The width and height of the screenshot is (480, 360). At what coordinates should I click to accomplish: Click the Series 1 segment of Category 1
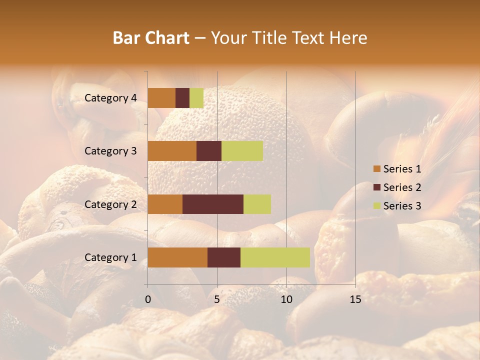(x=177, y=257)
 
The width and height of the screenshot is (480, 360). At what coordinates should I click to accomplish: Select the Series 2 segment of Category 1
(x=224, y=257)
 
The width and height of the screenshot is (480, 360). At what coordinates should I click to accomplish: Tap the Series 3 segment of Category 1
(x=275, y=257)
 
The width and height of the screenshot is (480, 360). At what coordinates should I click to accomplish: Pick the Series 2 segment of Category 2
(x=213, y=204)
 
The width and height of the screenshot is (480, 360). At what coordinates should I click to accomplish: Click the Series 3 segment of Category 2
(x=257, y=204)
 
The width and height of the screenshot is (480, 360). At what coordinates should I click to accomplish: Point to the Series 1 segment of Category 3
(x=172, y=151)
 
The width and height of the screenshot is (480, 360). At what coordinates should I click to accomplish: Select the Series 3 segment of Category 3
(x=242, y=151)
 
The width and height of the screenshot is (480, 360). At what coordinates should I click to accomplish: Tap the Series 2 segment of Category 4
(x=182, y=98)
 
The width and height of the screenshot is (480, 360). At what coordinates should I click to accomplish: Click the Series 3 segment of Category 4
(x=196, y=98)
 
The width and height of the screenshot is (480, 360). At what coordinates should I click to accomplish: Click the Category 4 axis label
(x=110, y=98)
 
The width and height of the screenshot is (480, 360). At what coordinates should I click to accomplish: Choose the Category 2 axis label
(x=110, y=204)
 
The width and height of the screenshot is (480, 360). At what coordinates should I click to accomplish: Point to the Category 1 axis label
(x=110, y=257)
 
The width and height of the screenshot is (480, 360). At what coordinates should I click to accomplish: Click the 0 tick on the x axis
(x=148, y=299)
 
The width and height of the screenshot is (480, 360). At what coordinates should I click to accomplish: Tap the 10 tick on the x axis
(x=286, y=299)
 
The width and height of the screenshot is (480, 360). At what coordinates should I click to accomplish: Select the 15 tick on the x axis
(x=355, y=299)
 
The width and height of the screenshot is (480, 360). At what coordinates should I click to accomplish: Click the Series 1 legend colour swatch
(x=376, y=169)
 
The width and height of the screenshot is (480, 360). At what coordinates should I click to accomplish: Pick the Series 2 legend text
(x=402, y=187)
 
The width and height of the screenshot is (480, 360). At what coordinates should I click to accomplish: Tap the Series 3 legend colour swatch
(x=376, y=206)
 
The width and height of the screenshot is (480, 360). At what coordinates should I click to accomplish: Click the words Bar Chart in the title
(x=151, y=38)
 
